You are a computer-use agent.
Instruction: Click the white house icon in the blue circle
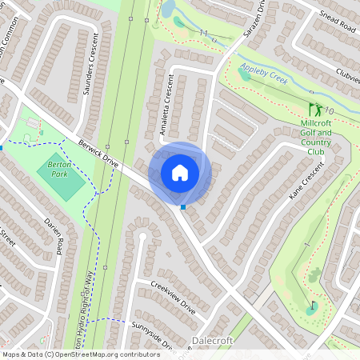pos(180,172)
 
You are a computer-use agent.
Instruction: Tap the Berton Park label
pos(59,168)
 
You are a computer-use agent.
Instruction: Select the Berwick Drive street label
pos(98,154)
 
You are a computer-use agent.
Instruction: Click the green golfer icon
pos(314,109)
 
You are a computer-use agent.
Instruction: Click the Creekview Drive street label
pos(172,294)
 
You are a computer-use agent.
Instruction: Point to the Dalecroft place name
pos(213,341)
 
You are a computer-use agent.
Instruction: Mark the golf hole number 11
pos(203,33)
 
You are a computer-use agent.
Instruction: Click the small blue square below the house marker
pos(184,207)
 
